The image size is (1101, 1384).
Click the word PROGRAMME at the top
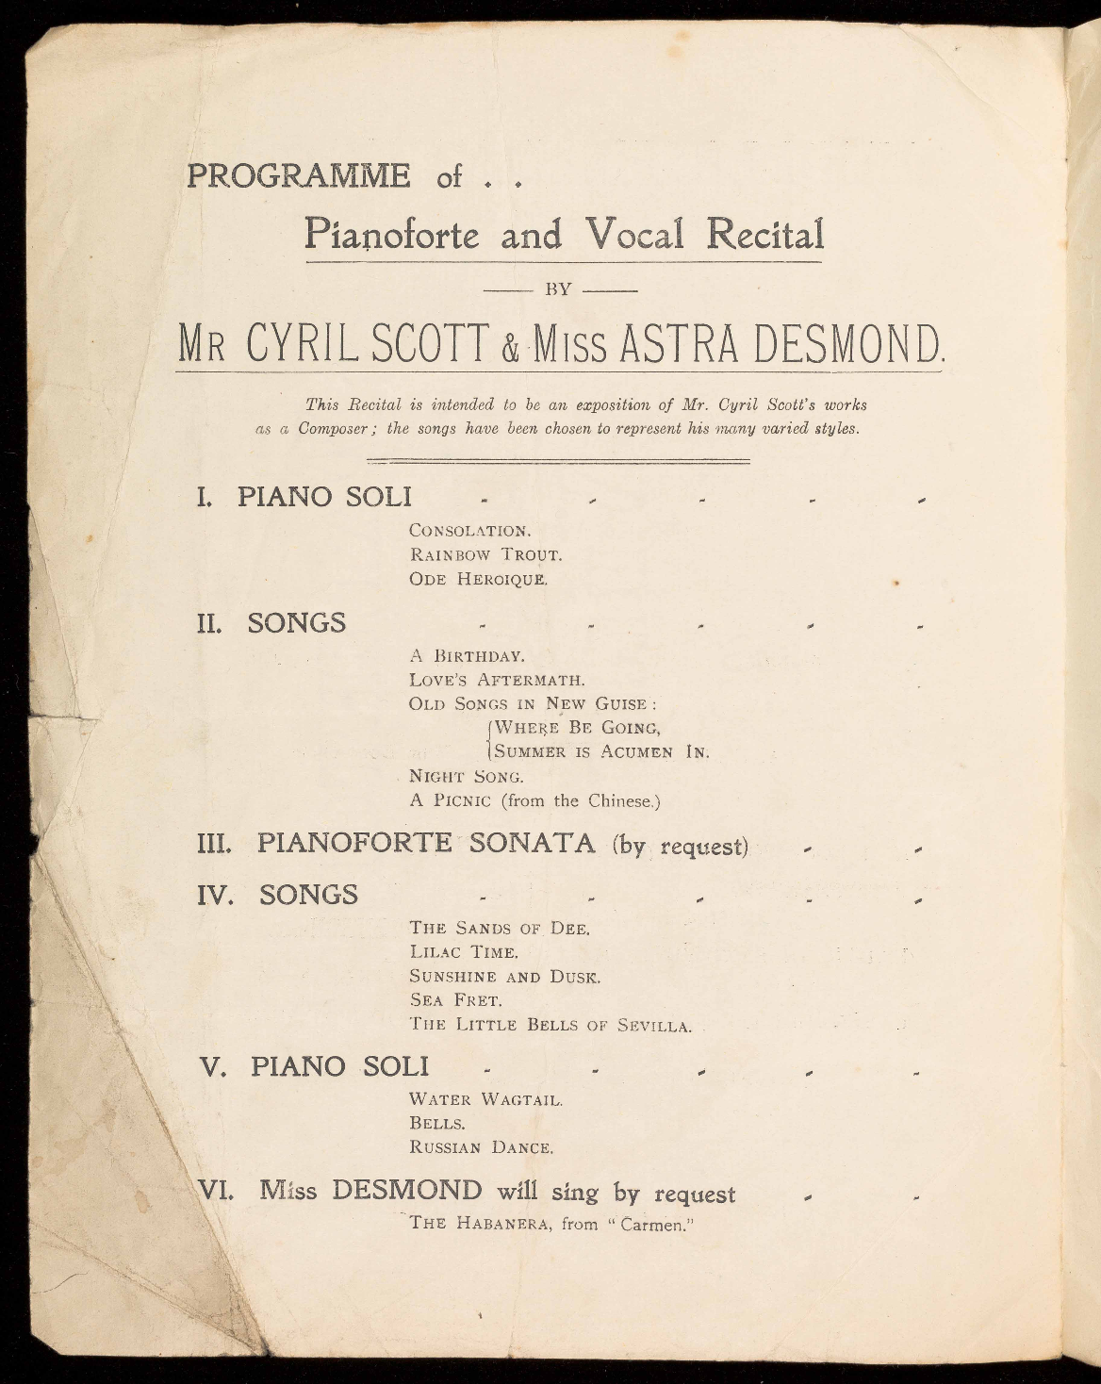tap(299, 176)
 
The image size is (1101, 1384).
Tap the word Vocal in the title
tap(633, 234)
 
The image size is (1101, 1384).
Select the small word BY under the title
tap(559, 289)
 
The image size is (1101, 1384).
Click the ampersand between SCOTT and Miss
tap(510, 351)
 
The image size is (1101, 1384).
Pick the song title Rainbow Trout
tap(485, 554)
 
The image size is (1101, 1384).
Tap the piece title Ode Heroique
tap(478, 579)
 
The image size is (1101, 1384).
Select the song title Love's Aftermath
tap(497, 679)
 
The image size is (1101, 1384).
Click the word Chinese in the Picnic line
tap(621, 801)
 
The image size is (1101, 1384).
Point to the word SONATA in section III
tap(532, 843)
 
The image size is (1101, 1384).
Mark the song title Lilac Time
tap(463, 952)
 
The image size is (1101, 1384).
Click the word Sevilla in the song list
tap(653, 1026)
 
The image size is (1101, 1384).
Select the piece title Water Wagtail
tap(485, 1099)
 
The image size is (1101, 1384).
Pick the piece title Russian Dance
tap(480, 1148)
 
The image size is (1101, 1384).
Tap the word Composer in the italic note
tap(339, 428)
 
